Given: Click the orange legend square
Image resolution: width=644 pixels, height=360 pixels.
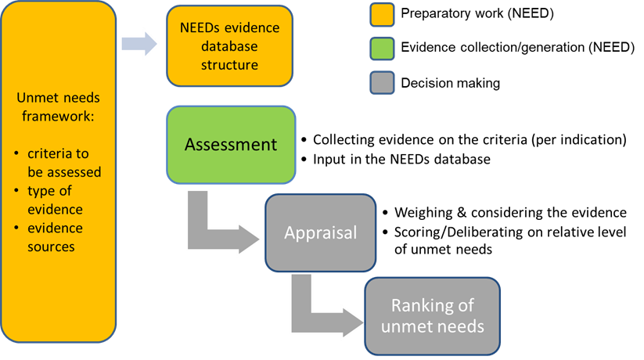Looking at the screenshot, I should point(382,15).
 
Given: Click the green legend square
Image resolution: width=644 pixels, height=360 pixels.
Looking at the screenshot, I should point(382,49).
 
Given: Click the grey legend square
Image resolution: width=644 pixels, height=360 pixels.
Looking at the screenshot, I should point(382,82).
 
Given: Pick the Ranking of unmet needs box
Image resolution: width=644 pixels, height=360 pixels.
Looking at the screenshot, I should point(432,315).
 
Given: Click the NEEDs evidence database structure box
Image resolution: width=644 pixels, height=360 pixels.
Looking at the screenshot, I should point(230,46).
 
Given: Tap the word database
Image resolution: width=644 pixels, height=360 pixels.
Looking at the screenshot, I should point(230,46).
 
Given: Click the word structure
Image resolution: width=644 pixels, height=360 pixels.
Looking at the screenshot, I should point(230,65).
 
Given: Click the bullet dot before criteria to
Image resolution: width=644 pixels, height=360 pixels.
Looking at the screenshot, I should point(17,154).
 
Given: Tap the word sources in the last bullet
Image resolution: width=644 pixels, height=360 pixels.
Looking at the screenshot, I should point(52,247).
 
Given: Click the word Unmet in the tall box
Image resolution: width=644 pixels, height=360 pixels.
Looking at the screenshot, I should point(36,98).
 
